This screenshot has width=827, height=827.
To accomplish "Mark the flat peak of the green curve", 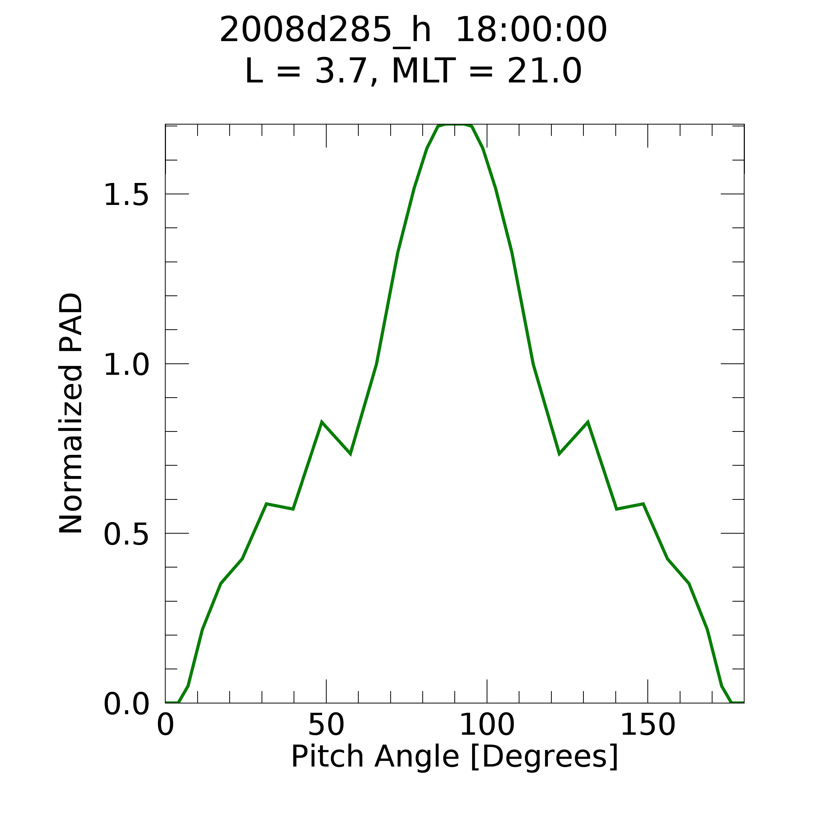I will [455, 125].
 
